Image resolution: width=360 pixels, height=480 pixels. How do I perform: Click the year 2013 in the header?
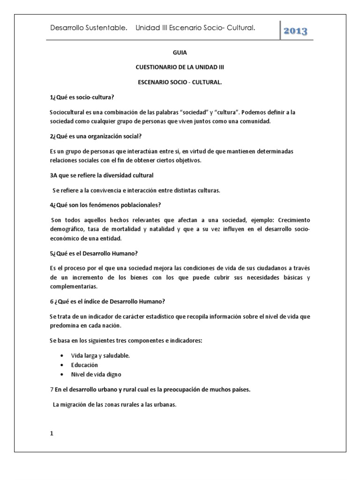pos(295,31)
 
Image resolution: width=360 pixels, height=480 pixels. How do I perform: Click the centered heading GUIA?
pos(180,53)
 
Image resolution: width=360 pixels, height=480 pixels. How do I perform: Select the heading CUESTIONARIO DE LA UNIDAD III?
pos(180,67)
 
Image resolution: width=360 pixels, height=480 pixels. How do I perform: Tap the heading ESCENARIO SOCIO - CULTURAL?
pos(180,82)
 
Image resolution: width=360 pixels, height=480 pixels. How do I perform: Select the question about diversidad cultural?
pos(101,175)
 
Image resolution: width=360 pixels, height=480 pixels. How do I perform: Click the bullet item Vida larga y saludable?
pos(100,355)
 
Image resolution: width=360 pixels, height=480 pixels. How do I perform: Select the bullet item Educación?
pos(85,365)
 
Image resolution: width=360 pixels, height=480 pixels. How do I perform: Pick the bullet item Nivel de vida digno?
pos(96,374)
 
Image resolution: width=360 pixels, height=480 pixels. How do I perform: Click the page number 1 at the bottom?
pos(52,434)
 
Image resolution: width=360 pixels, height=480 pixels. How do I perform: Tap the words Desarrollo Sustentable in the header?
pos(88,29)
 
